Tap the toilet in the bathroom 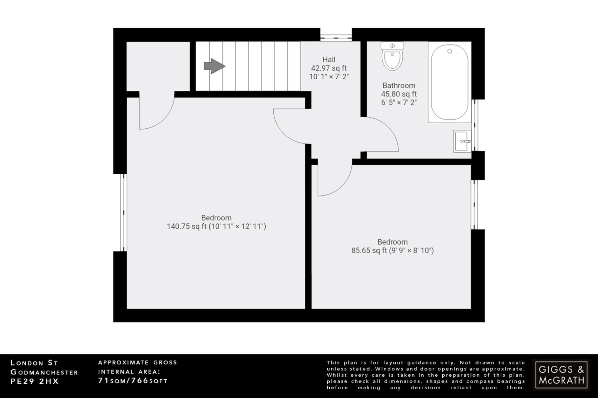[392, 60]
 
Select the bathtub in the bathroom [449, 82]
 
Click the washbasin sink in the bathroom [462, 141]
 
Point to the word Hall [329, 60]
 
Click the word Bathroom [399, 86]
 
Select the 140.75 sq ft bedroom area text [216, 227]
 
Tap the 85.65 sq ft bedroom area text [392, 251]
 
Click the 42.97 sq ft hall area [329, 68]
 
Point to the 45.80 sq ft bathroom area [399, 94]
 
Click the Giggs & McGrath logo [561, 375]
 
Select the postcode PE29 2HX [35, 381]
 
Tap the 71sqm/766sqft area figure [133, 381]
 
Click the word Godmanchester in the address [44, 372]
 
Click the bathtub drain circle [450, 51]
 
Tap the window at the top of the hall [336, 37]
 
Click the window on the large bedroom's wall [124, 213]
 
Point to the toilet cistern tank [392, 46]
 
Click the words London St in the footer [34, 363]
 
